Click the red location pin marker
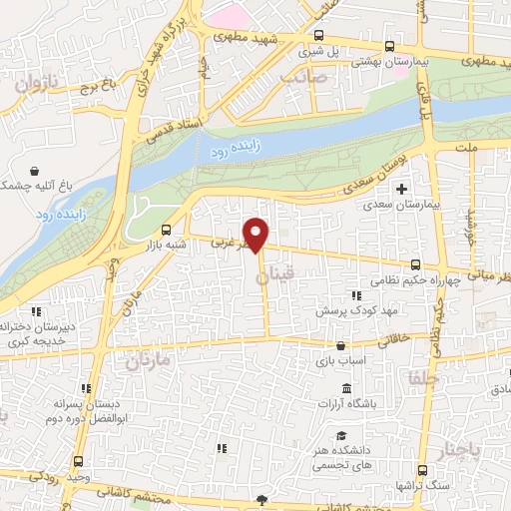257,235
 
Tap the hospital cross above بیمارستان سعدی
402,188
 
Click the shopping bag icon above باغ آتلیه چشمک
36,170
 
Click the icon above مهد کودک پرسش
356,295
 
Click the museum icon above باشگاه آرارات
345,387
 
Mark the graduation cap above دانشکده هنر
341,436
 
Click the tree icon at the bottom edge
262,501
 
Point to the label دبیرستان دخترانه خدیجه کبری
46,333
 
